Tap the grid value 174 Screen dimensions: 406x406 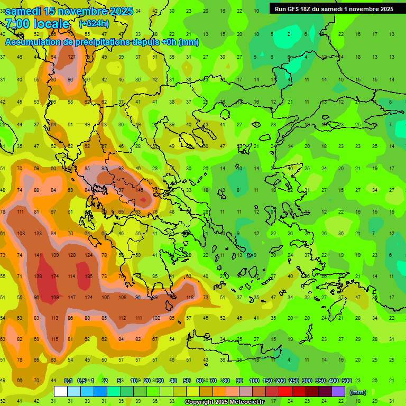click(55, 276)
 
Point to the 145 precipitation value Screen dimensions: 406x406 click(140, 190)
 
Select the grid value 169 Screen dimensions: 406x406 click(55, 298)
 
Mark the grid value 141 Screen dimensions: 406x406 click(38, 255)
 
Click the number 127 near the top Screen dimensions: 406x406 click(71, 57)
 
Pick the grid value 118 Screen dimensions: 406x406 click(190, 298)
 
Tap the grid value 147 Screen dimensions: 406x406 click(71, 298)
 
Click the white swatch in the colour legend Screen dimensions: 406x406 click(61, 392)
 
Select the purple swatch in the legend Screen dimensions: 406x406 click(338, 392)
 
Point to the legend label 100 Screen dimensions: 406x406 click(254, 381)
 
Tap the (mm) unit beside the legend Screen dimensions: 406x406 click(358, 392)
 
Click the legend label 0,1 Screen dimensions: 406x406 click(68, 381)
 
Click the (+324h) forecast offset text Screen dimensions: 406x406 click(95, 24)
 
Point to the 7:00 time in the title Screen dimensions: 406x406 click(19, 24)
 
